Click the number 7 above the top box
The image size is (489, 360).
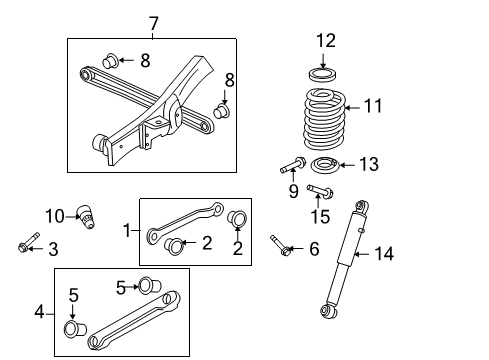click(152, 23)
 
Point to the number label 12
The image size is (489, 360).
click(326, 41)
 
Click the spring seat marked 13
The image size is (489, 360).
click(326, 165)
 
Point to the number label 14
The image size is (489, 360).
click(384, 254)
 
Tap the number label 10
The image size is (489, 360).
click(54, 214)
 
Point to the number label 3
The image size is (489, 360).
click(53, 248)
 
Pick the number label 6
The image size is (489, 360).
click(313, 249)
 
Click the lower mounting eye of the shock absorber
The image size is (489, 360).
click(327, 311)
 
